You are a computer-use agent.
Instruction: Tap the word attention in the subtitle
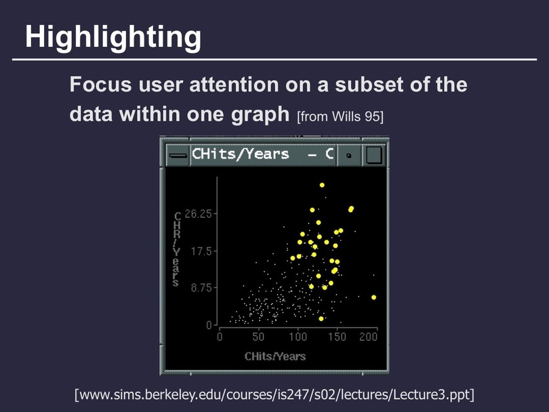234,85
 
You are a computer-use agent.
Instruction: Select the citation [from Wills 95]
340,117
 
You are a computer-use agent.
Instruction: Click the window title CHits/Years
241,154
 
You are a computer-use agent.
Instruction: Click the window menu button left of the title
178,155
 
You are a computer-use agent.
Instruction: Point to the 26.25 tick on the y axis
199,213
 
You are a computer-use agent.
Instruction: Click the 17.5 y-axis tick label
202,251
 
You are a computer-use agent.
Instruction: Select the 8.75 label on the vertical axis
202,288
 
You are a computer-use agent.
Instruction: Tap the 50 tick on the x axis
258,337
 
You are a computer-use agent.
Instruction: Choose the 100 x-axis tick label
298,337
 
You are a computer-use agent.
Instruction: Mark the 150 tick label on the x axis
337,337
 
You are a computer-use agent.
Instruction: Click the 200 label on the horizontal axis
368,337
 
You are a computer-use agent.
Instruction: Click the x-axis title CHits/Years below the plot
275,356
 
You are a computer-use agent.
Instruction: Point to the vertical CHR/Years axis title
177,249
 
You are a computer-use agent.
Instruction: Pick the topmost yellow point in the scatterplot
322,185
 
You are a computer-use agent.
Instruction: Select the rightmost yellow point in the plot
374,297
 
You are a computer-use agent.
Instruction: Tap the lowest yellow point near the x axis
321,318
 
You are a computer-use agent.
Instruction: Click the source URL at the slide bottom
274,395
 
